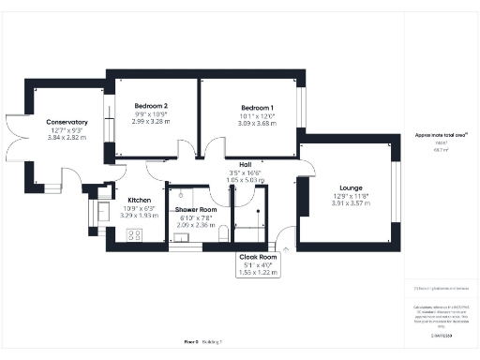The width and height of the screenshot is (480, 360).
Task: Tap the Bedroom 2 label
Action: [x=150, y=107]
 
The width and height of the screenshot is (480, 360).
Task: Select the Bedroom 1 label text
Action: [x=249, y=107]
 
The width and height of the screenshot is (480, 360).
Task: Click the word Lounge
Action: [x=352, y=187]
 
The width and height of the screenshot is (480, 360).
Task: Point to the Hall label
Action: [x=246, y=165]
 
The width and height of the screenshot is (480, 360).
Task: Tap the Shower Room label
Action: [x=195, y=210]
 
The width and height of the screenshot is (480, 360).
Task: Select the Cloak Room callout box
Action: [x=259, y=263]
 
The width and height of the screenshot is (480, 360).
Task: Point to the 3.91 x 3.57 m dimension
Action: [x=352, y=203]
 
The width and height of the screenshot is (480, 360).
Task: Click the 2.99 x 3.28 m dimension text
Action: [x=150, y=121]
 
